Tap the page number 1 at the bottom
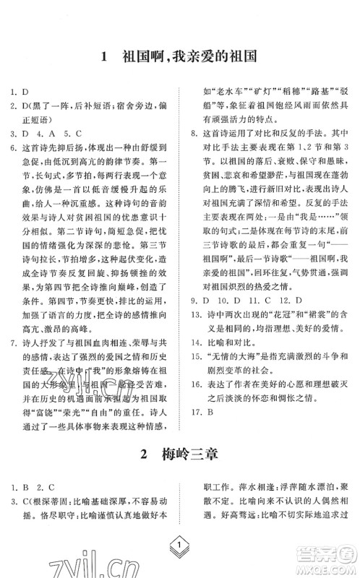tap(179, 550)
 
